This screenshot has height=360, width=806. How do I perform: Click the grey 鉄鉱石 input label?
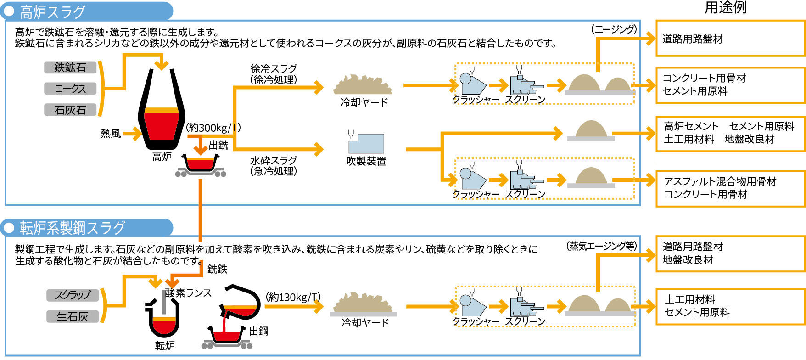(70, 67)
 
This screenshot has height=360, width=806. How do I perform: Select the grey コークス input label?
(70, 89)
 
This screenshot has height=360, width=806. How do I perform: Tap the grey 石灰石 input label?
(70, 110)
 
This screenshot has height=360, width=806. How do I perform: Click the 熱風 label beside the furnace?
(111, 134)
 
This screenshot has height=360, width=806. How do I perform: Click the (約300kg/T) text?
(213, 128)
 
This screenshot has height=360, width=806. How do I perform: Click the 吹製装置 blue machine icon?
(366, 143)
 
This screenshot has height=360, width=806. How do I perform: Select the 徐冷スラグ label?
(274, 74)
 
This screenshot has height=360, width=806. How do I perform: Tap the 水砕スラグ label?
(274, 166)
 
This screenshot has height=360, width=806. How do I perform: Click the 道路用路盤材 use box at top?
(730, 39)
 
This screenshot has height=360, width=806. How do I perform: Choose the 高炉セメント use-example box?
(730, 133)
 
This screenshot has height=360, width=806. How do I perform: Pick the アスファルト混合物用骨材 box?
(730, 188)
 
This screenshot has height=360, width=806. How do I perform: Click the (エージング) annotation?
(614, 29)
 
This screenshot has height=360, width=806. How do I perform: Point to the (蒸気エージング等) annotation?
(601, 246)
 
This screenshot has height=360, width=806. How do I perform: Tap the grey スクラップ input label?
(73, 295)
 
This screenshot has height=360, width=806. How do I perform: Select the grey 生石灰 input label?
(73, 316)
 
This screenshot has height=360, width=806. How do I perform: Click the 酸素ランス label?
(189, 293)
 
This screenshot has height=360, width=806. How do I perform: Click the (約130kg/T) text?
(293, 297)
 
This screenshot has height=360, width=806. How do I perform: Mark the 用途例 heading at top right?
(725, 8)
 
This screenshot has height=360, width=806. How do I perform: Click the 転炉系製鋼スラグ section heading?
(73, 228)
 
